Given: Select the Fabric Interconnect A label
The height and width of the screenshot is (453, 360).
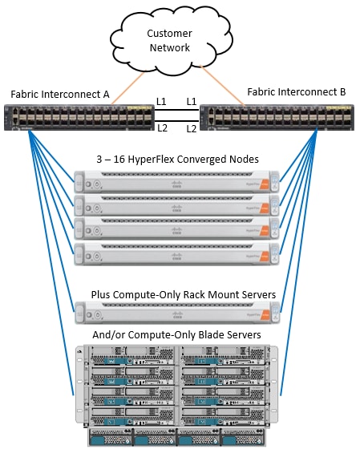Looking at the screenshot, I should click(x=61, y=94).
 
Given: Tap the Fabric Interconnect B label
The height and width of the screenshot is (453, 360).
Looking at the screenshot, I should click(x=296, y=92).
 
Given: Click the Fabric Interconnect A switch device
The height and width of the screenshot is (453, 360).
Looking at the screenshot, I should click(x=79, y=118).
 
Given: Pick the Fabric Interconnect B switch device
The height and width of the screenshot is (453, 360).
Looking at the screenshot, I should click(x=277, y=118).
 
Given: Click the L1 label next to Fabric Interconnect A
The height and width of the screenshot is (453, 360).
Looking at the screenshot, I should click(x=162, y=102).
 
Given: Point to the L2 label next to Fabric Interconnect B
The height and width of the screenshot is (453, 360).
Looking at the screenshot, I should click(x=192, y=128).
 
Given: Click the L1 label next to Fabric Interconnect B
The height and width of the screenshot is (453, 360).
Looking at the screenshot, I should click(x=192, y=102).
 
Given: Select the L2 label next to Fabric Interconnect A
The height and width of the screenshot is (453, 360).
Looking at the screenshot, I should click(x=162, y=128).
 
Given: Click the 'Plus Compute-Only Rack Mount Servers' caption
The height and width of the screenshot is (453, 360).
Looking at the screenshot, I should click(x=184, y=295).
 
